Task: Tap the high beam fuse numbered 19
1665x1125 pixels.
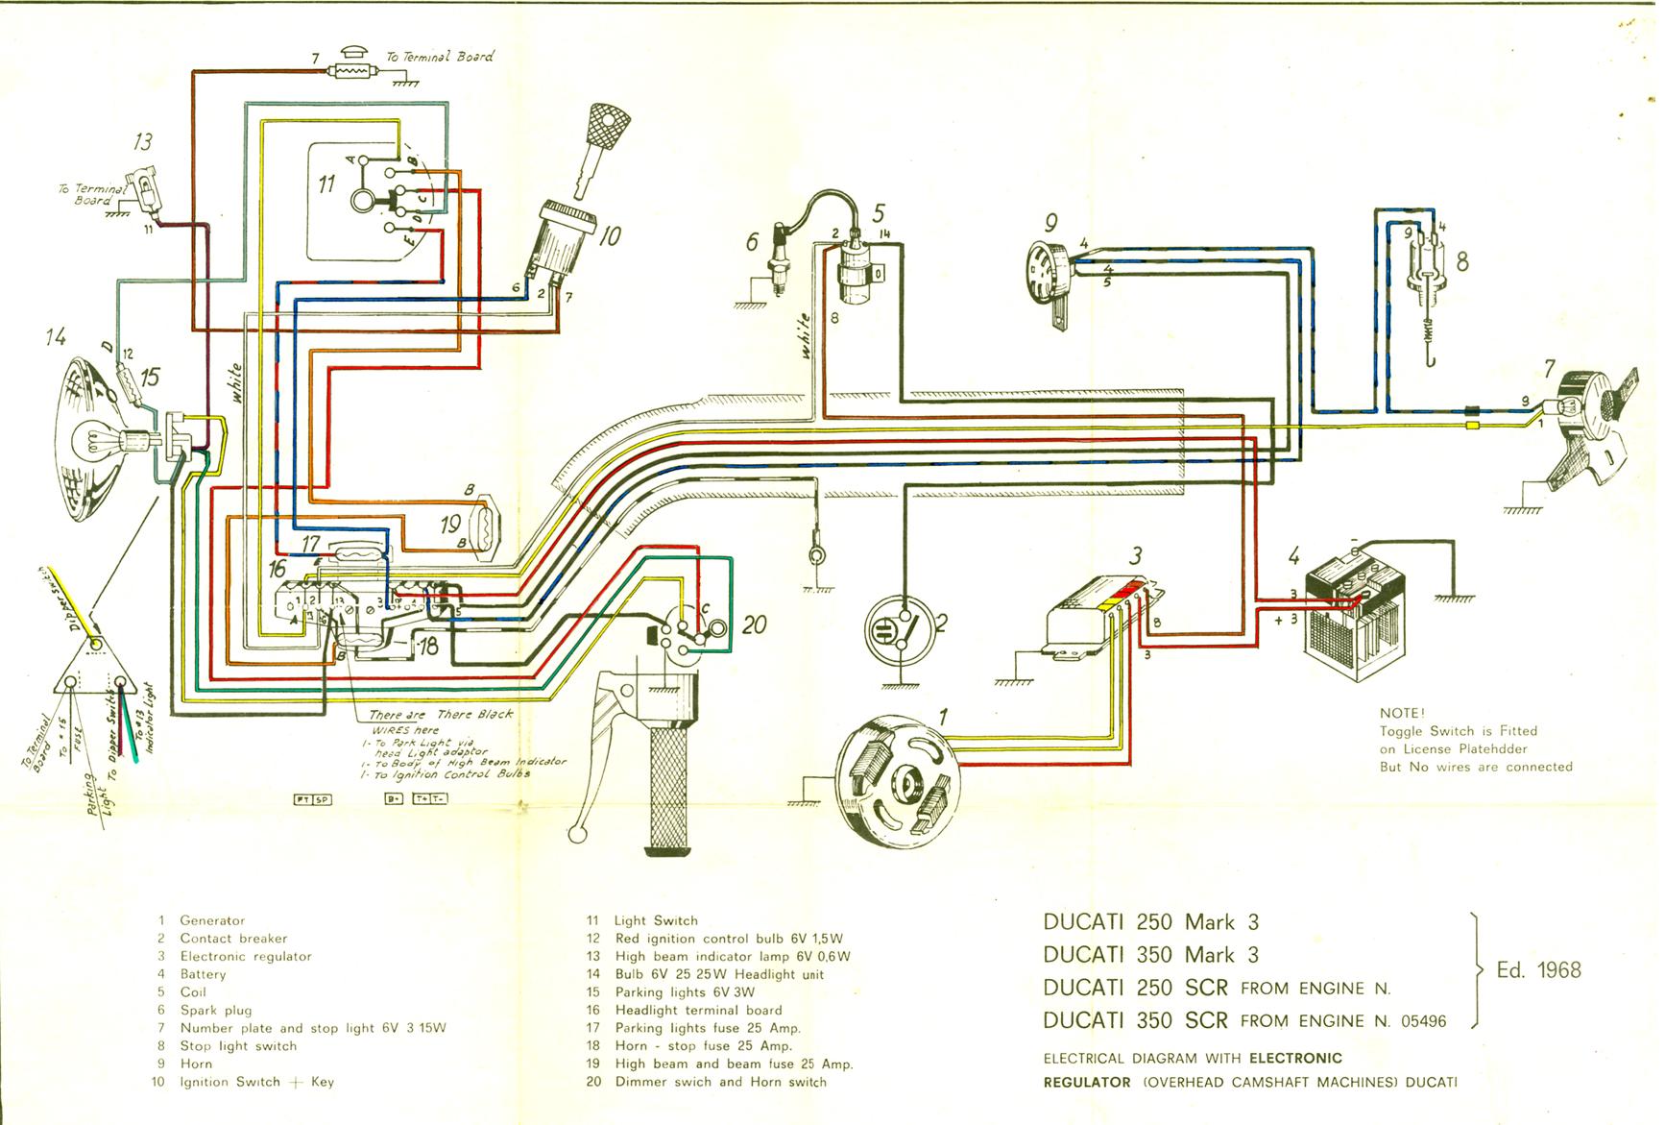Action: [481, 524]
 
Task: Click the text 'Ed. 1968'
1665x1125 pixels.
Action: [1538, 969]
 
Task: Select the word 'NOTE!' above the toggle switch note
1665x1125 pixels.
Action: [1402, 714]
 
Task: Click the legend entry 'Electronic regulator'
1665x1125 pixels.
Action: [246, 957]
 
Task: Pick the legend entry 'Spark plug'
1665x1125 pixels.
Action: [216, 1011]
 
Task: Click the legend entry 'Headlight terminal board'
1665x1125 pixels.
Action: [698, 1011]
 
